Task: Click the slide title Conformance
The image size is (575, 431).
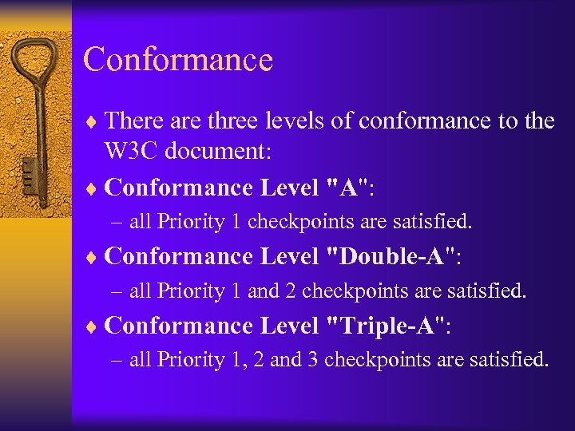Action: (x=178, y=60)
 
